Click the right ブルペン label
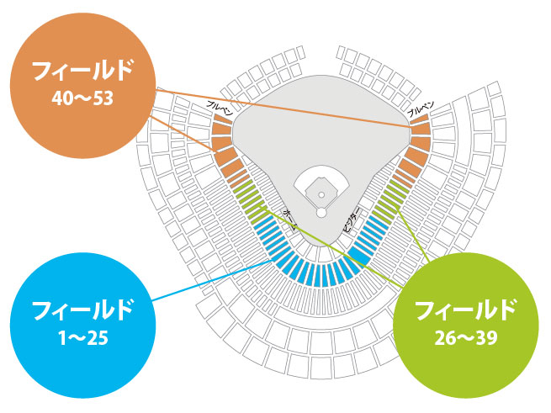point(420,108)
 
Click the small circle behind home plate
point(321,212)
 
